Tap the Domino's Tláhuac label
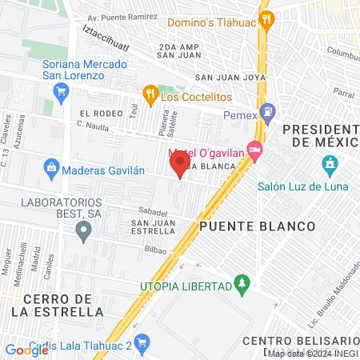coord(205,23)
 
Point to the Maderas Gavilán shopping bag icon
coord(52,167)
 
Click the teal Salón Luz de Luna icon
coord(329,166)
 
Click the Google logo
coord(26,350)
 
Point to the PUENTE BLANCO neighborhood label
coord(258,226)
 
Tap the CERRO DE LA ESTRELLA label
coord(63,305)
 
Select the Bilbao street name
coord(156,250)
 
